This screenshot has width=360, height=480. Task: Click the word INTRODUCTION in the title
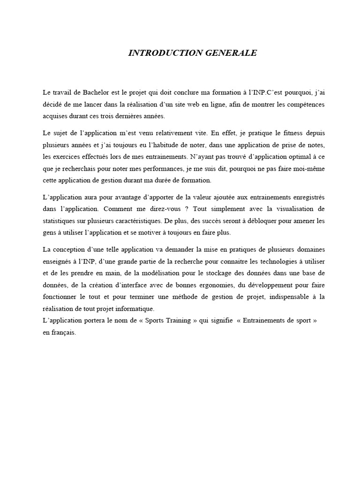click(x=159, y=53)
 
